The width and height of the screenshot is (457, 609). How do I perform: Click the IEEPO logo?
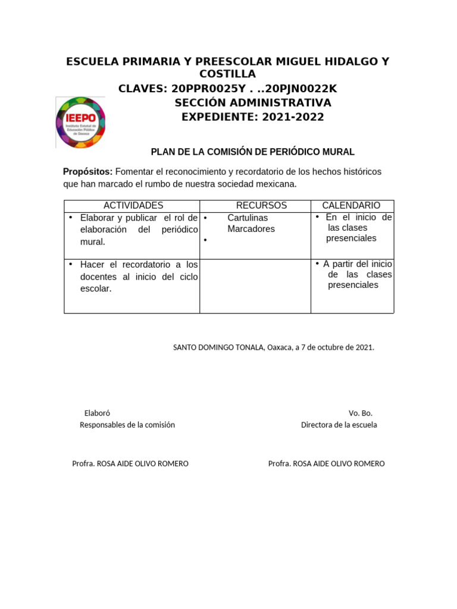(80, 122)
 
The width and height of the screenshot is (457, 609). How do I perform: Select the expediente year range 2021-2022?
(292, 117)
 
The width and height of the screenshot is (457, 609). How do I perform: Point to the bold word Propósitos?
(87, 172)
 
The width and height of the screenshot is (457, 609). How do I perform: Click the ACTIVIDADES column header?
(133, 206)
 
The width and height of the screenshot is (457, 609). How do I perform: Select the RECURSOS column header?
(261, 206)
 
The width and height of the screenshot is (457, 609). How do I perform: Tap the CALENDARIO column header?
(351, 206)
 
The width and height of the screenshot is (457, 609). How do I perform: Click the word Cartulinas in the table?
(248, 218)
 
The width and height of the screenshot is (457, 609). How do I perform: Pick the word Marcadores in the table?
(251, 229)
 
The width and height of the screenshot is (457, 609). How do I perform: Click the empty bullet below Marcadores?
(205, 240)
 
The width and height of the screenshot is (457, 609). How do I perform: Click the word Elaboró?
(97, 413)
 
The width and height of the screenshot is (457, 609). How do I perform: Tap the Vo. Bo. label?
(361, 413)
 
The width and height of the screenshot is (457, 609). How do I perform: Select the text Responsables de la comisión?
(127, 425)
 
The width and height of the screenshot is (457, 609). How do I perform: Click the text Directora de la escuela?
(339, 425)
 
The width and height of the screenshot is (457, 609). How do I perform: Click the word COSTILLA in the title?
(227, 74)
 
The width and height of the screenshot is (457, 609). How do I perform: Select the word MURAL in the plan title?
(339, 152)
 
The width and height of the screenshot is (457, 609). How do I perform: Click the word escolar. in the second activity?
(96, 289)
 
